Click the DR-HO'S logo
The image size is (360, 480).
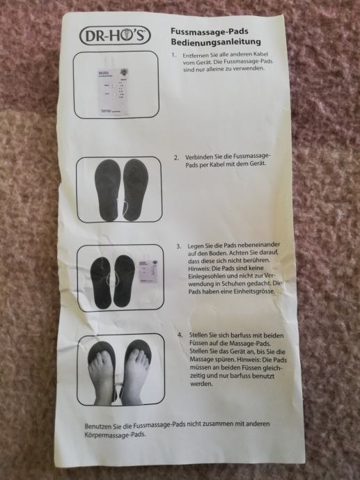[x=115, y=35]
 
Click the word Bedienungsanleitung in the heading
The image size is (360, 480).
[x=216, y=42]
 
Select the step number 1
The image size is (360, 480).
[x=173, y=55]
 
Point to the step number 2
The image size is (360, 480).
[x=176, y=158]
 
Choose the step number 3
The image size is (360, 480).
[x=179, y=246]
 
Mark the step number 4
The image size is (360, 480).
[x=180, y=335]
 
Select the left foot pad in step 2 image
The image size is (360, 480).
[x=107, y=190]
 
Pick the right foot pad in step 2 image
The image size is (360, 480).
[x=135, y=189]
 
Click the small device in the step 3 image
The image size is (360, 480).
[x=148, y=272]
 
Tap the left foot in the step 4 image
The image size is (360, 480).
[x=102, y=376]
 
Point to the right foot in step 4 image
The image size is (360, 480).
[x=135, y=376]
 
